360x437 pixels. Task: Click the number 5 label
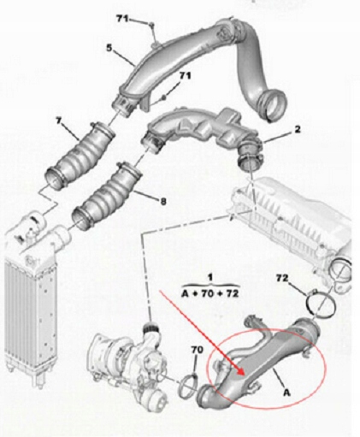coord(109,48)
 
